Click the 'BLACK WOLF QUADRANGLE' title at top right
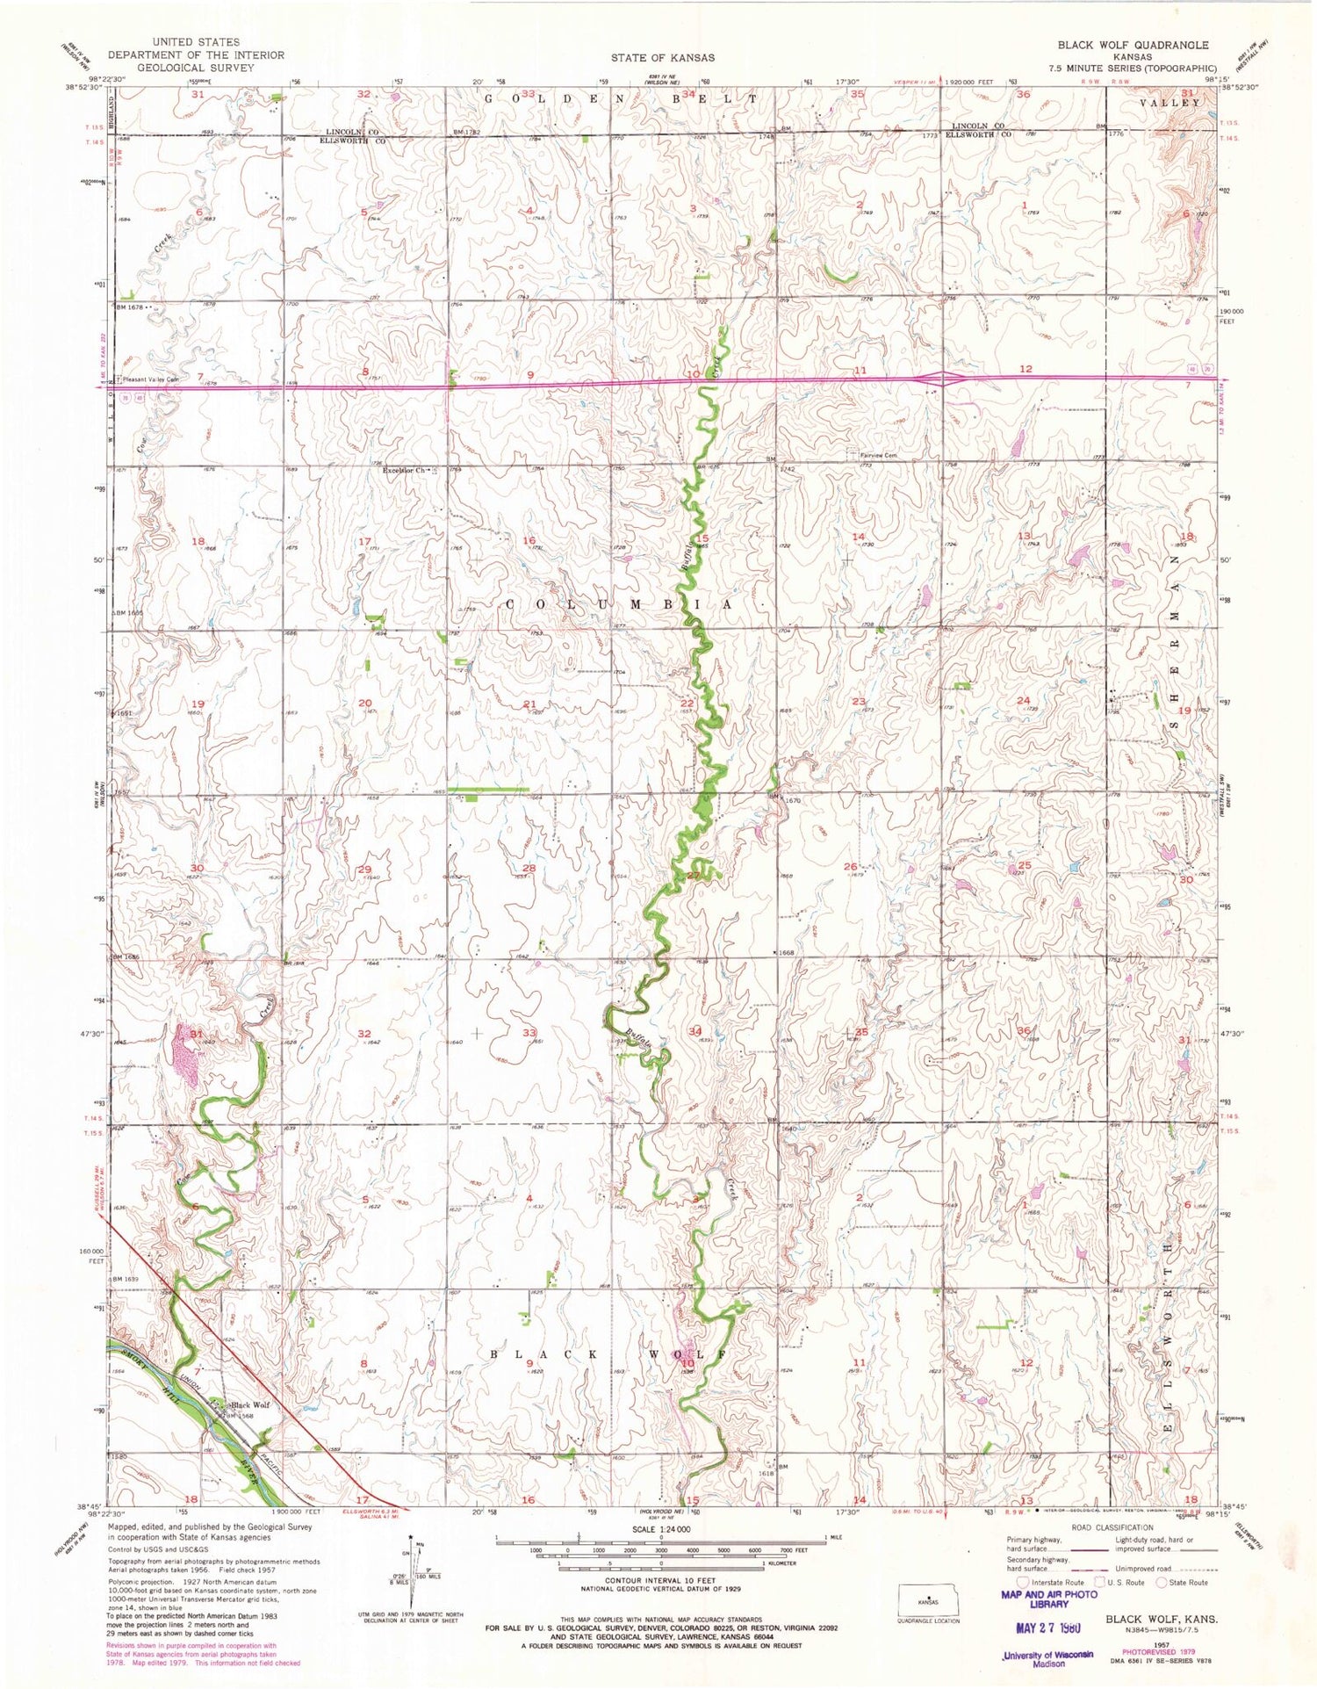[1132, 45]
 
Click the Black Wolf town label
[249, 1404]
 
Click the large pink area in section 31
[187, 1053]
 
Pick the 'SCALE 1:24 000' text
[661, 1529]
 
